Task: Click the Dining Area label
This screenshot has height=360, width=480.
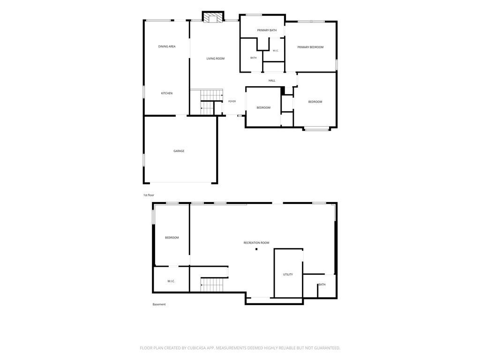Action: (167, 46)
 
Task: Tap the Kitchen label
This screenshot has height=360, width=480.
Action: (167, 93)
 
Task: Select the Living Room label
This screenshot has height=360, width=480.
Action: (216, 59)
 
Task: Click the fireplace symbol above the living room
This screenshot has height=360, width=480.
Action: (213, 17)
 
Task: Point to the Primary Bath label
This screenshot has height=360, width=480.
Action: (267, 30)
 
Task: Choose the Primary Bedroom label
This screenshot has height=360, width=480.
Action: (310, 47)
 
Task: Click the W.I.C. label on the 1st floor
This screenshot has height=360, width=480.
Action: (276, 51)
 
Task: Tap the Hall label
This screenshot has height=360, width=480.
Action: (272, 81)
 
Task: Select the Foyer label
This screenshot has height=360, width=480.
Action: (232, 101)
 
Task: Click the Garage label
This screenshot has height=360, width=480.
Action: (179, 151)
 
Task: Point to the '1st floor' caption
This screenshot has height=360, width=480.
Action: (149, 195)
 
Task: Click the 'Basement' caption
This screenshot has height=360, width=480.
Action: (159, 304)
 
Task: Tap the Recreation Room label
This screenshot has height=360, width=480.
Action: (256, 243)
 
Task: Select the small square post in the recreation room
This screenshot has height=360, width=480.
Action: (256, 249)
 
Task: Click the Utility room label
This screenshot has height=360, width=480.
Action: (288, 275)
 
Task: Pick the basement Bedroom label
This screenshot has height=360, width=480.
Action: (172, 238)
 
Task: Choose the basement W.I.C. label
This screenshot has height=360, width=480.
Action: (171, 281)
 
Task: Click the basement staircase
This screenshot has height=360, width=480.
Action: (212, 285)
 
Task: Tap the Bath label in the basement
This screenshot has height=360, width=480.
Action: (322, 285)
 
